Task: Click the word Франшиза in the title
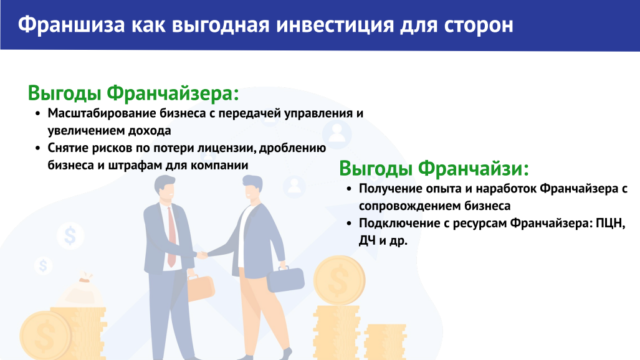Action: click(72, 25)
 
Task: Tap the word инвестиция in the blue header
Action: click(335, 26)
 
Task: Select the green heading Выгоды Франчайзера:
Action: click(133, 93)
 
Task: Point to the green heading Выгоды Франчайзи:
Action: click(434, 169)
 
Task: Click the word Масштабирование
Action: click(102, 113)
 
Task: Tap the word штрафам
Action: click(135, 165)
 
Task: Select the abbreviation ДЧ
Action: click(367, 241)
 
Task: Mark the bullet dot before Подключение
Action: click(348, 224)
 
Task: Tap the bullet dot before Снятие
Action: click(37, 148)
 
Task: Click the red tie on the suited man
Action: click(171, 237)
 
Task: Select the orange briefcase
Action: click(201, 287)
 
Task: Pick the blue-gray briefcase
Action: click(285, 279)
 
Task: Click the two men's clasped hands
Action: click(202, 255)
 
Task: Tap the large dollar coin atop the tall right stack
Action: click(339, 280)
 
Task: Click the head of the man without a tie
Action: click(252, 187)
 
